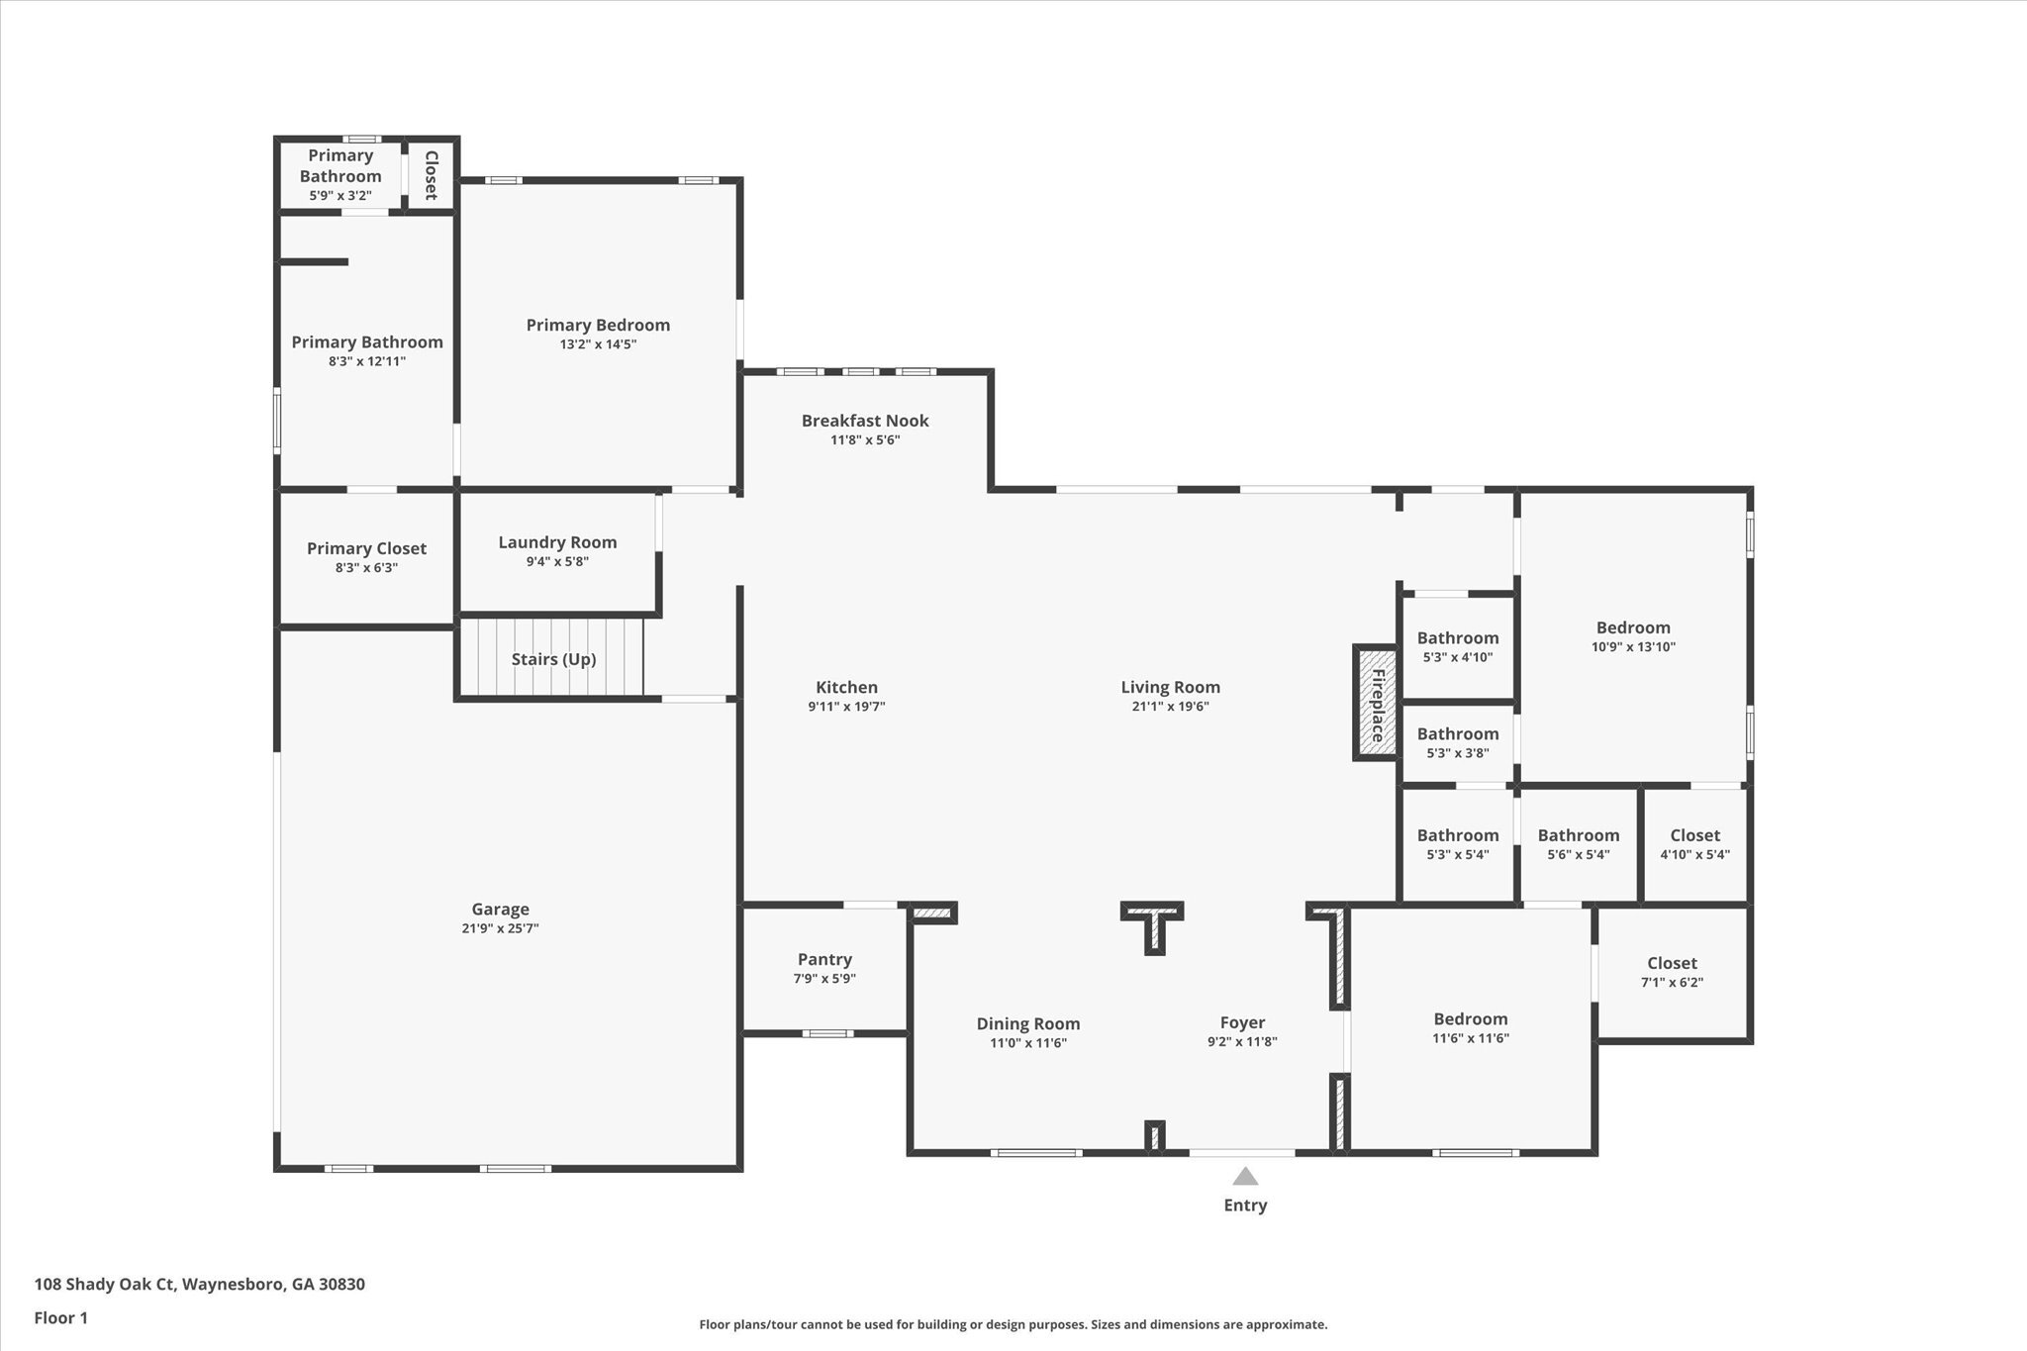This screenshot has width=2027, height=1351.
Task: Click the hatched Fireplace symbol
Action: coord(1376,704)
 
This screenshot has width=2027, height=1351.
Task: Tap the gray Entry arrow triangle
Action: coord(1245,1176)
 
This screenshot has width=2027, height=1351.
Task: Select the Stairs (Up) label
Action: coord(553,659)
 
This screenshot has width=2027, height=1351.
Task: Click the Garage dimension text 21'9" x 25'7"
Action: coord(500,928)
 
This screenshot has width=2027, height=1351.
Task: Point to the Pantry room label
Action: coord(824,959)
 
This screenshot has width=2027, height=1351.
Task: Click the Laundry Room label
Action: coord(557,542)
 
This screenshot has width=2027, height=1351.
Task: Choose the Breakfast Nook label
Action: coord(865,421)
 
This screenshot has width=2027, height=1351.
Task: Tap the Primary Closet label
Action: coord(366,548)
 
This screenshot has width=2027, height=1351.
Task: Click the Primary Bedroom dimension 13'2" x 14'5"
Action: coord(597,344)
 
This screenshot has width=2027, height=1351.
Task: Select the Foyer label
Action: coord(1242,1023)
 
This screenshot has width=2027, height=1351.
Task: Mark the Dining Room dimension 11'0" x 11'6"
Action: coord(1028,1043)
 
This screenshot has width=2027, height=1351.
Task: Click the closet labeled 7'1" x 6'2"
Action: coord(1672,972)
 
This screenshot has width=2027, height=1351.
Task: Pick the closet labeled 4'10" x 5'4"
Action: coord(1694,844)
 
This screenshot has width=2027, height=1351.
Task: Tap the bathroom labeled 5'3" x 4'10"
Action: coord(1457,646)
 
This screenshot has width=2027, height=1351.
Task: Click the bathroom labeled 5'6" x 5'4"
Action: coord(1578,844)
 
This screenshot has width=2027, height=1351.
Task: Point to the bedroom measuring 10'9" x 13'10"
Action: coord(1633,636)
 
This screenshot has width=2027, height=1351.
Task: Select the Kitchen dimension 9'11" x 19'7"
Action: coord(846,707)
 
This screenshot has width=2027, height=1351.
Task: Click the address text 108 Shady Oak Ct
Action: coord(105,1285)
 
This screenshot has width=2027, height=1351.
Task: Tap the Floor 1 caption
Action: coord(61,1318)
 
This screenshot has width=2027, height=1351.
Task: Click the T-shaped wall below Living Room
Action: coord(1153,921)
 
